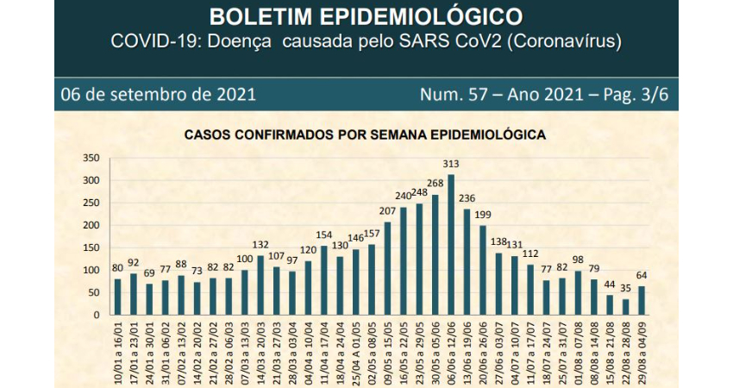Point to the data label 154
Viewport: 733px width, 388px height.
323,235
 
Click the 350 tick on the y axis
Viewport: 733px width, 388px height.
91,159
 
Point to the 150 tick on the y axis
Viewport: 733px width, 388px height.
91,248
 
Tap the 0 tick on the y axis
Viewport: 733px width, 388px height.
97,316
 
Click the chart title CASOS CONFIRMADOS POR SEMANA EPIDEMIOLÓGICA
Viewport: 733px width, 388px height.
364,135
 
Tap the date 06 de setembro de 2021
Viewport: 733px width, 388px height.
158,94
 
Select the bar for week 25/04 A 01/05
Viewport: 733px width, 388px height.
355,283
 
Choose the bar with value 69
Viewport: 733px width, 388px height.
149,300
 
